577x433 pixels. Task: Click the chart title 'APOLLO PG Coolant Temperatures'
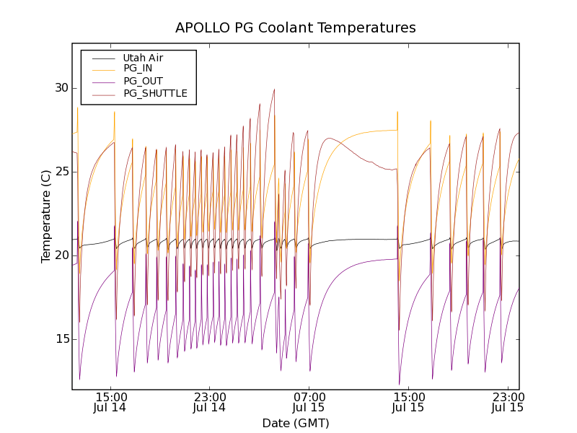point(296,28)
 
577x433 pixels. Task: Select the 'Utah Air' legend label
point(143,58)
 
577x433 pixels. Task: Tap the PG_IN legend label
point(138,69)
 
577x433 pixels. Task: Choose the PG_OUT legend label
point(143,81)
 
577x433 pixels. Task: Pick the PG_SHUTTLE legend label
point(155,93)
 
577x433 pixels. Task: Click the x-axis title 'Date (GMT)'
point(296,423)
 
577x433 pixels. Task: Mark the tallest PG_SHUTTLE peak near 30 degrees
point(274,90)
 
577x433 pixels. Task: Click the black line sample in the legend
point(101,58)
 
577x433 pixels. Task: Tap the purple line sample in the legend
point(101,81)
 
